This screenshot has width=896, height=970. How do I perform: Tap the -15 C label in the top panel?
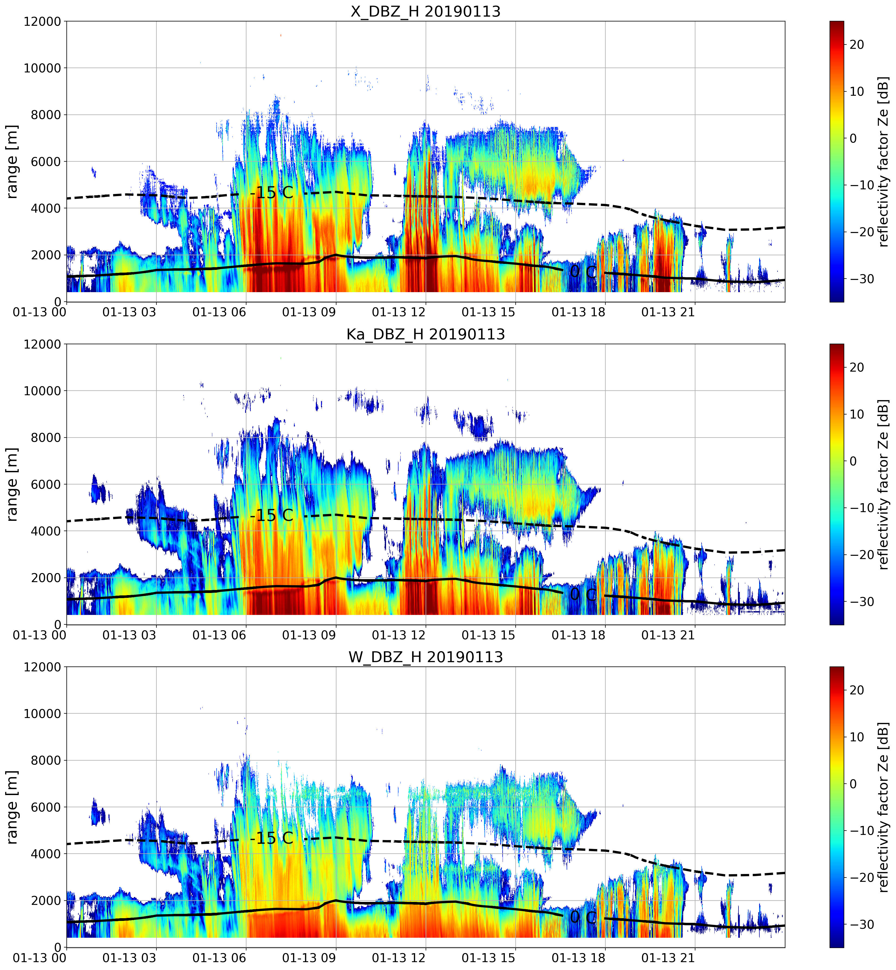point(272,193)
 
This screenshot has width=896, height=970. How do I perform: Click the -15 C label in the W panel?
point(272,838)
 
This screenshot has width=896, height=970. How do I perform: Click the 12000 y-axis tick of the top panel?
point(43,21)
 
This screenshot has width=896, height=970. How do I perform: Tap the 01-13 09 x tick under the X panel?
point(309,312)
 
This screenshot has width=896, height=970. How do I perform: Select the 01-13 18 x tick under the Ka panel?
point(579,635)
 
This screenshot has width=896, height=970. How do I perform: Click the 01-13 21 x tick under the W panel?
point(668,958)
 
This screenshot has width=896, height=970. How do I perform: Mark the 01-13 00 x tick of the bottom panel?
point(40,958)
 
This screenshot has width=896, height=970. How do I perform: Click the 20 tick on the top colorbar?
point(857,44)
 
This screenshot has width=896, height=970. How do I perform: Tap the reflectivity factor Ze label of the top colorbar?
point(884,161)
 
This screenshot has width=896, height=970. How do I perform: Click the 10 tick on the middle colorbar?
point(857,414)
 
